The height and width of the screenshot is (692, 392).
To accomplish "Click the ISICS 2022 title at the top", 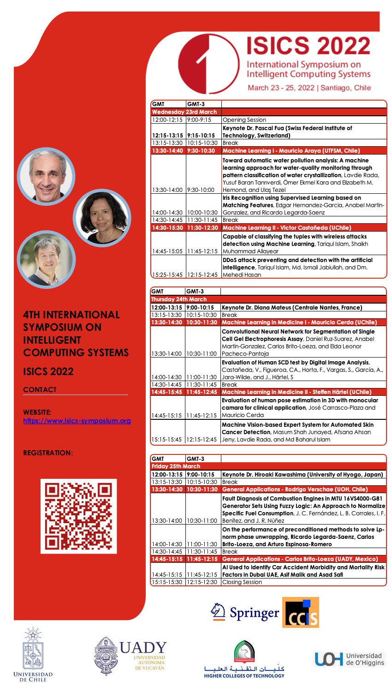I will (x=308, y=45).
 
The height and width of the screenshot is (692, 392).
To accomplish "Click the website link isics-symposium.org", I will (x=77, y=421).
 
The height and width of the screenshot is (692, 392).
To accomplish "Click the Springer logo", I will (x=245, y=612).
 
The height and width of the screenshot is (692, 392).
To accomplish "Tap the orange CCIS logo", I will (x=300, y=613).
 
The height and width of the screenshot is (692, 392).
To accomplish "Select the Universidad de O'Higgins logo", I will (x=349, y=659).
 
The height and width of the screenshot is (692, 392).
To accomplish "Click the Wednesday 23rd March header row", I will (x=184, y=112).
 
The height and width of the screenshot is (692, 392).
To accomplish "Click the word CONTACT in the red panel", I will (x=40, y=390).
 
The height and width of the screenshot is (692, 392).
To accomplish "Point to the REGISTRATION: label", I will (x=48, y=453).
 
